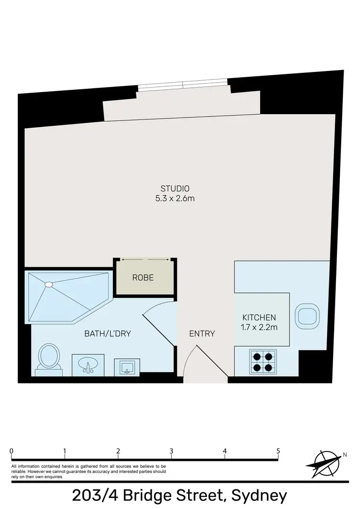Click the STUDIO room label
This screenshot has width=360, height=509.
point(175,188)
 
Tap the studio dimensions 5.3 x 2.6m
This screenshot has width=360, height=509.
point(175,198)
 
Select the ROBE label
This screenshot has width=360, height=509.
point(143,278)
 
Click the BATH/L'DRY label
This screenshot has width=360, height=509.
point(108,333)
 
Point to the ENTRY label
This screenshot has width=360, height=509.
point(202,333)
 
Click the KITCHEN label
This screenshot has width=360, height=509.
point(259,318)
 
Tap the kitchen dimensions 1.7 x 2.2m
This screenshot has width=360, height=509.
point(259,328)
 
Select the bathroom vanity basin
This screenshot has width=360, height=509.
point(87,366)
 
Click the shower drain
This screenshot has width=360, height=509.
point(48,284)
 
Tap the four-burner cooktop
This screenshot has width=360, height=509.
point(264,362)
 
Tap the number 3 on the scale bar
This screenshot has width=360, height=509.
point(171,451)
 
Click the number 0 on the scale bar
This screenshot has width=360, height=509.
point(11,451)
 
